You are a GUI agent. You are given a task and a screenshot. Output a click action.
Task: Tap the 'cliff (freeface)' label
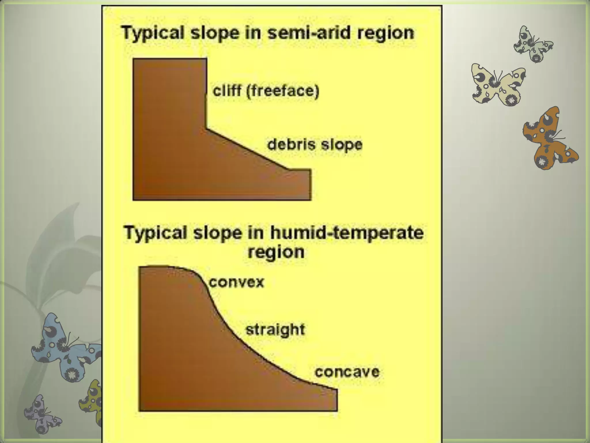tap(266, 91)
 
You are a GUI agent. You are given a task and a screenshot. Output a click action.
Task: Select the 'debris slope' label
tap(315, 144)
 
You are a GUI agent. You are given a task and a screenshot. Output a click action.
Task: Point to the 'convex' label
tap(236, 282)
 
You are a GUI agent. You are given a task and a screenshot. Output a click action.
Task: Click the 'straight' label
tap(275, 330)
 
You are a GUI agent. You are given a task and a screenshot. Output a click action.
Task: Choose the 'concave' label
tap(347, 372)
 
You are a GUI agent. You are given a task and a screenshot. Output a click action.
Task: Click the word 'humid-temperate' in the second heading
tap(347, 233)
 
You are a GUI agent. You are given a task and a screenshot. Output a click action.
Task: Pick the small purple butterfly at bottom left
tap(42, 414)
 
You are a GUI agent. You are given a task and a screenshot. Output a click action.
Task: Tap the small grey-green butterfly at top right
tap(533, 45)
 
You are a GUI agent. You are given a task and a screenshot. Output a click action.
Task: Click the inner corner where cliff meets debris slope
tap(207, 129)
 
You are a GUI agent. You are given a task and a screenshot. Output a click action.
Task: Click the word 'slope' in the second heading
tap(217, 233)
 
